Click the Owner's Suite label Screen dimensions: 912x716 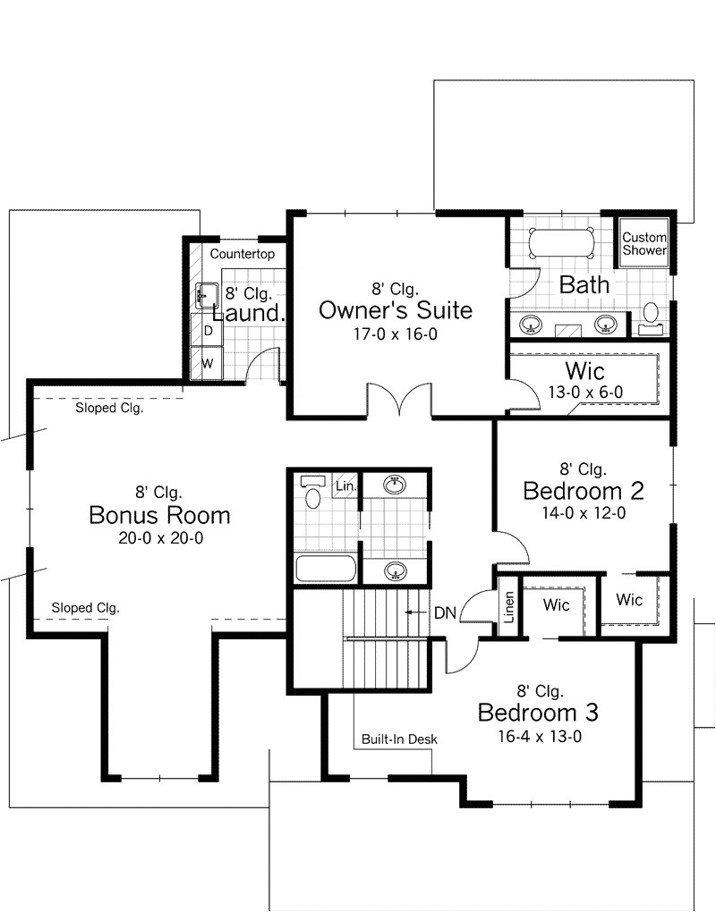point(395,310)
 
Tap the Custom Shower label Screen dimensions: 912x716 point(644,244)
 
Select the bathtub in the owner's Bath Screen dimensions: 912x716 point(560,243)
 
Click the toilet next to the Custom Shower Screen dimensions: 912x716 point(651,314)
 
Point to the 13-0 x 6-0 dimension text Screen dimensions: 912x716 point(585,392)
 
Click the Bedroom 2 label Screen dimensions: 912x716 point(584,491)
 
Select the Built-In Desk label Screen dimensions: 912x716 point(399,739)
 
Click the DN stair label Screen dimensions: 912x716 point(445,612)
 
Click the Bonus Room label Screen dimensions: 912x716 point(159,515)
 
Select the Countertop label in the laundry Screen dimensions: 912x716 point(242,254)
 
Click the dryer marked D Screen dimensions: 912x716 point(208,331)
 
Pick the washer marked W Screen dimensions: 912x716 point(208,363)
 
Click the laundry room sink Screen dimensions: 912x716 point(207,294)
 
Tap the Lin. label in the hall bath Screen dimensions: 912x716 point(345,486)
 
